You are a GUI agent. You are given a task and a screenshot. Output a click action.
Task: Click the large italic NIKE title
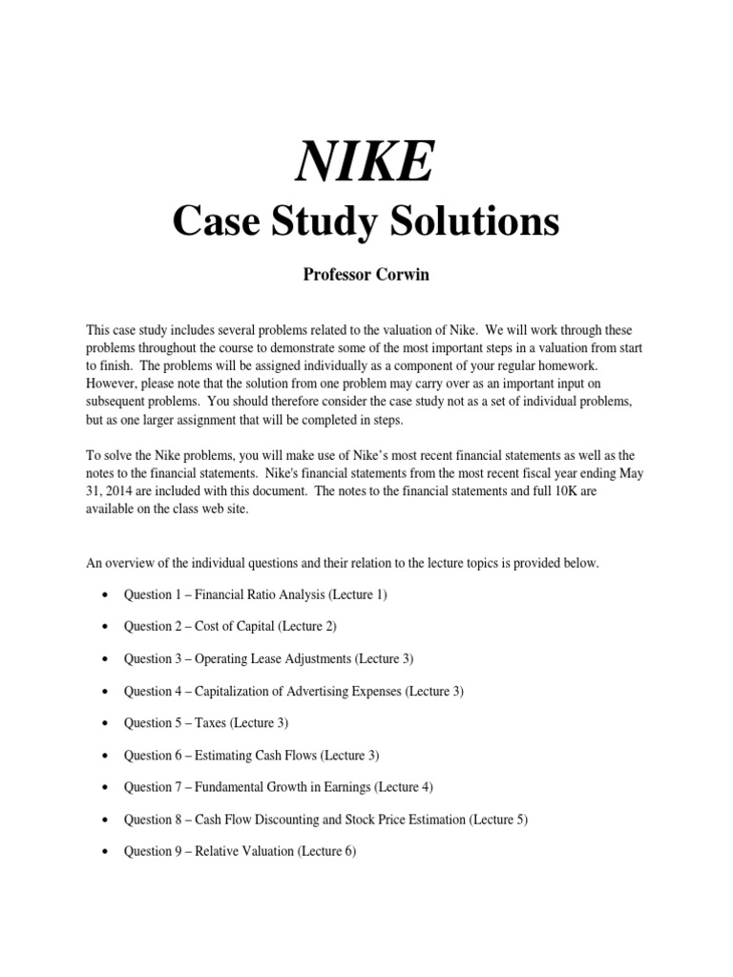[366, 163]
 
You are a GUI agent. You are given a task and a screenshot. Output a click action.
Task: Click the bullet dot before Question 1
[103, 595]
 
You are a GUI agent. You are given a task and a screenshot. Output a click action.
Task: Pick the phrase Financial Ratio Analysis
[260, 594]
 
